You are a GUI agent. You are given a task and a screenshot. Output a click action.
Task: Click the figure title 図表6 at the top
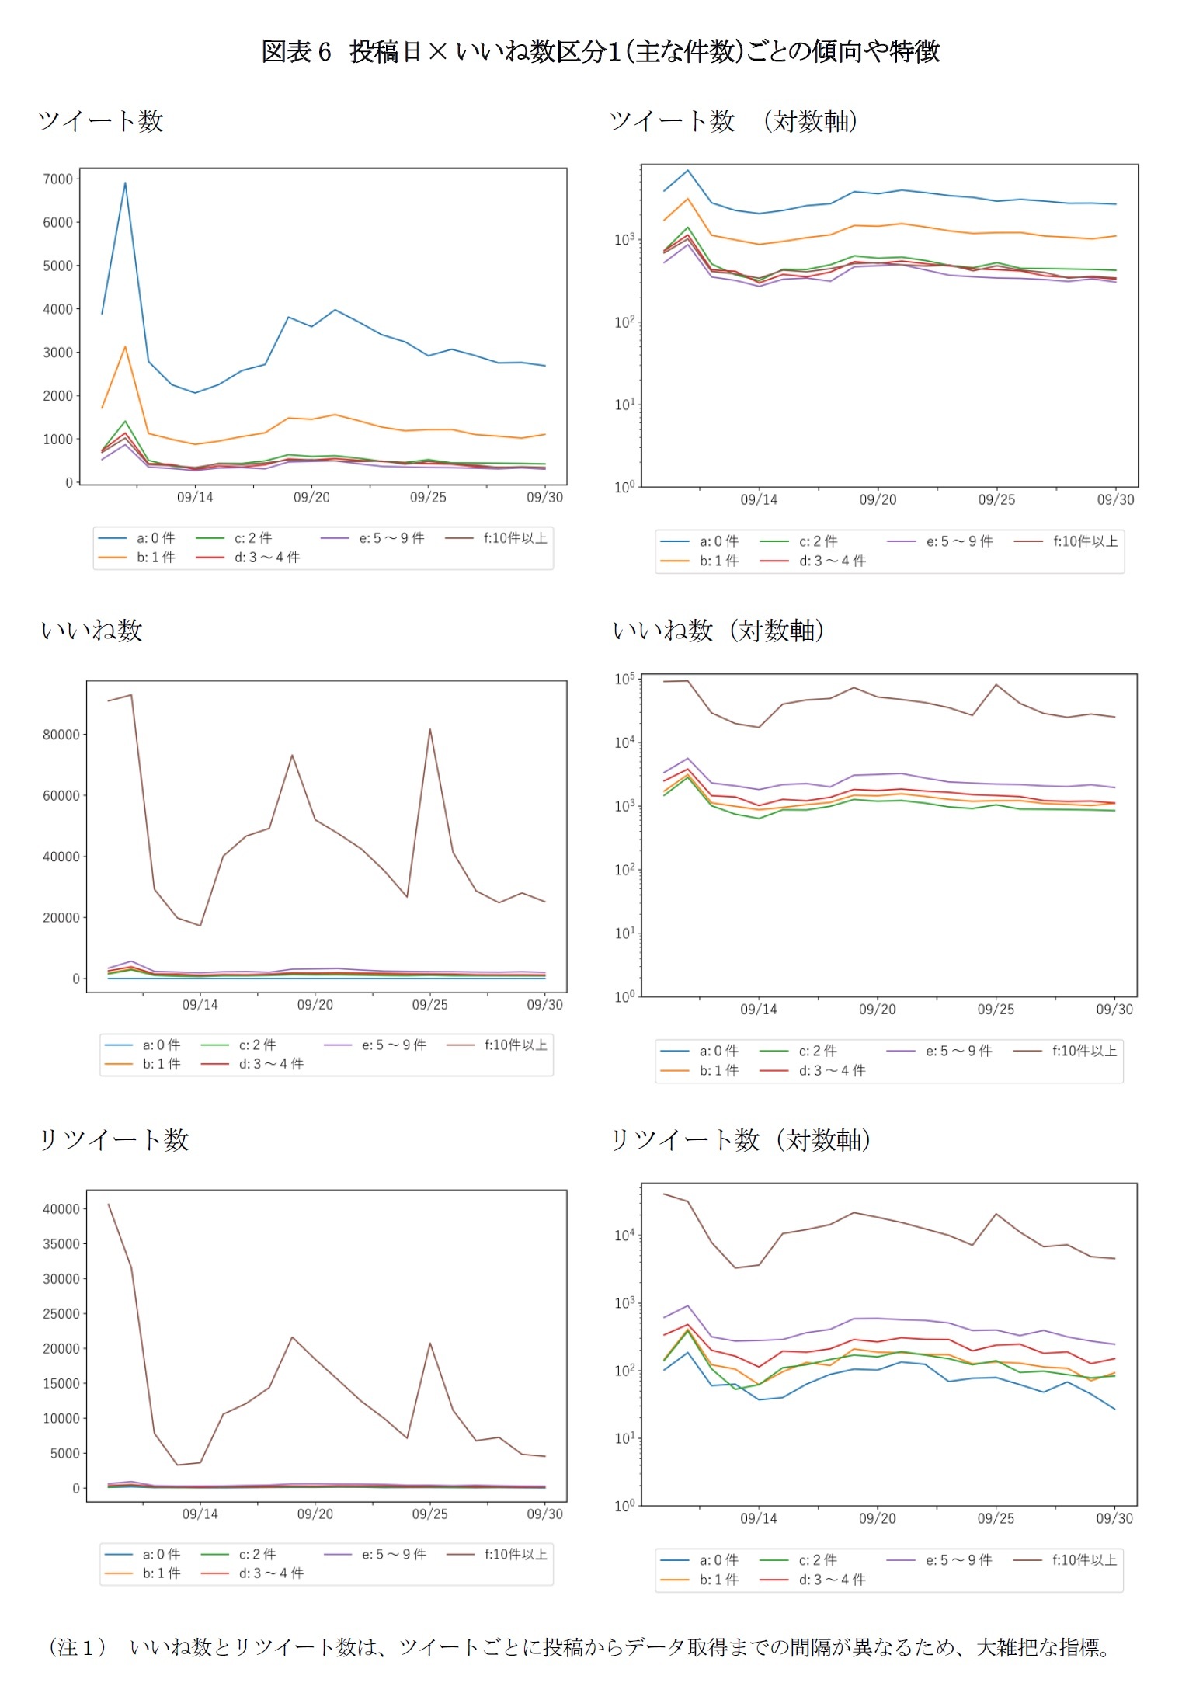296,52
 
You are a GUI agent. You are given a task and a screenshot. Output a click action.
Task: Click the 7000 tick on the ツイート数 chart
57,179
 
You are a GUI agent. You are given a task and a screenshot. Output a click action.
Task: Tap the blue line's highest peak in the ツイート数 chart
125,183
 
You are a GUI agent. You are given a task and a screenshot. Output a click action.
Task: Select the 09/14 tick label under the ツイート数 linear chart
194,498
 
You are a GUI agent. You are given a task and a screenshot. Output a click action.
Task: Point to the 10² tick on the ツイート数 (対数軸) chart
624,322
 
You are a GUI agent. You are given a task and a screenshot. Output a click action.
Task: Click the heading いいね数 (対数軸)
718,631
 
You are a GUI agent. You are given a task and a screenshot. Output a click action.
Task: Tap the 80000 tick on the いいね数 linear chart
61,735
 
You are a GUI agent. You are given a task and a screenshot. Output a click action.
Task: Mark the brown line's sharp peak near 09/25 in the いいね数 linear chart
430,729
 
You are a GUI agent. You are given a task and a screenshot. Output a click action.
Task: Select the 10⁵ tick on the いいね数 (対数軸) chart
624,680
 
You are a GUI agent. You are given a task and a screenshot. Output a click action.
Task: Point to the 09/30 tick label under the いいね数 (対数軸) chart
1114,1010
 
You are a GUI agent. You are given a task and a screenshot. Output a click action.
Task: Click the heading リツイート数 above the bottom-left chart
114,1140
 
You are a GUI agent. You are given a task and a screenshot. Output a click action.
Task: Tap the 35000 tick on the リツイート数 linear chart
61,1244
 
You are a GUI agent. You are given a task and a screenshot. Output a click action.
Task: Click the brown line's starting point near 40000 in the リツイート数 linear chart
108,1205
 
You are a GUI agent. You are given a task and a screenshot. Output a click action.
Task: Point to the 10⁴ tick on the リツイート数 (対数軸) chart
624,1236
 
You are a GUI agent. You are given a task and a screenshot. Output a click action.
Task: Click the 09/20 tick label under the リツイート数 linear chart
315,1514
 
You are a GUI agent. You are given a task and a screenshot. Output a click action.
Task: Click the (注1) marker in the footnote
77,1647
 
